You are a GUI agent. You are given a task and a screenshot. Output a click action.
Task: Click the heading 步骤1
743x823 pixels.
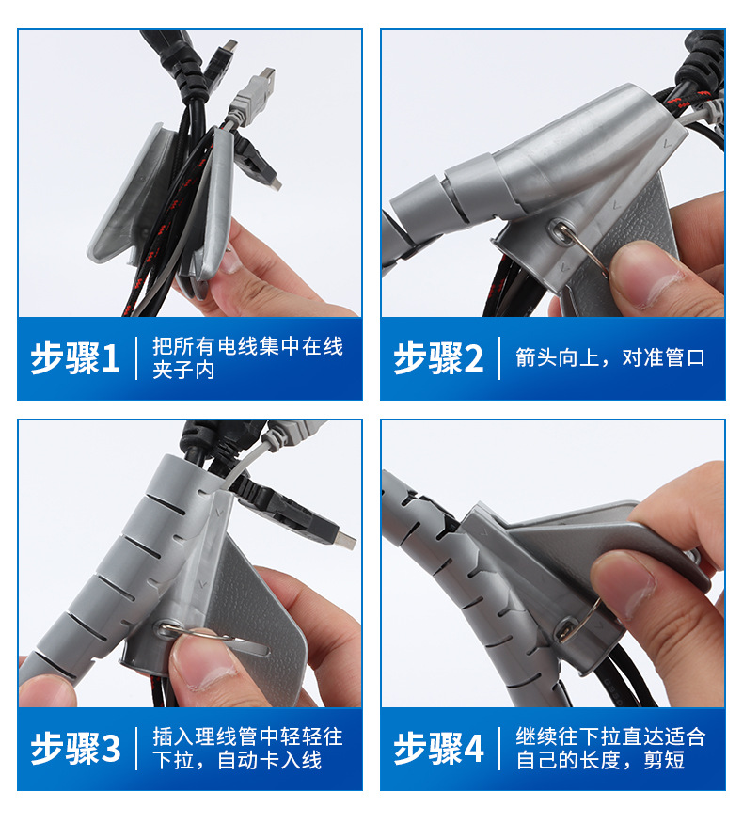pyautogui.click(x=76, y=358)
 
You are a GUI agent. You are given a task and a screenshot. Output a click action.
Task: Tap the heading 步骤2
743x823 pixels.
pyautogui.click(x=438, y=358)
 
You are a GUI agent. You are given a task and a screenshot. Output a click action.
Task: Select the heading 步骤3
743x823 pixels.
pyautogui.click(x=76, y=749)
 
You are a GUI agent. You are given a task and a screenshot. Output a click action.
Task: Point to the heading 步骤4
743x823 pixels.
pyautogui.click(x=438, y=749)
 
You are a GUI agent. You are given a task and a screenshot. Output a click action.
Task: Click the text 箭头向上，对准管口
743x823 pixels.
pyautogui.click(x=609, y=358)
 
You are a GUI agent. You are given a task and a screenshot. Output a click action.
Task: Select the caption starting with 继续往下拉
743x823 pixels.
pyautogui.click(x=609, y=749)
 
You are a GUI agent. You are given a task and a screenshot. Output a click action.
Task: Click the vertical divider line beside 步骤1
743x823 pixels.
pyautogui.click(x=137, y=358)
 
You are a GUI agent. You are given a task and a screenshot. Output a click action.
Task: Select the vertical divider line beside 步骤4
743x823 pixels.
pyautogui.click(x=499, y=749)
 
